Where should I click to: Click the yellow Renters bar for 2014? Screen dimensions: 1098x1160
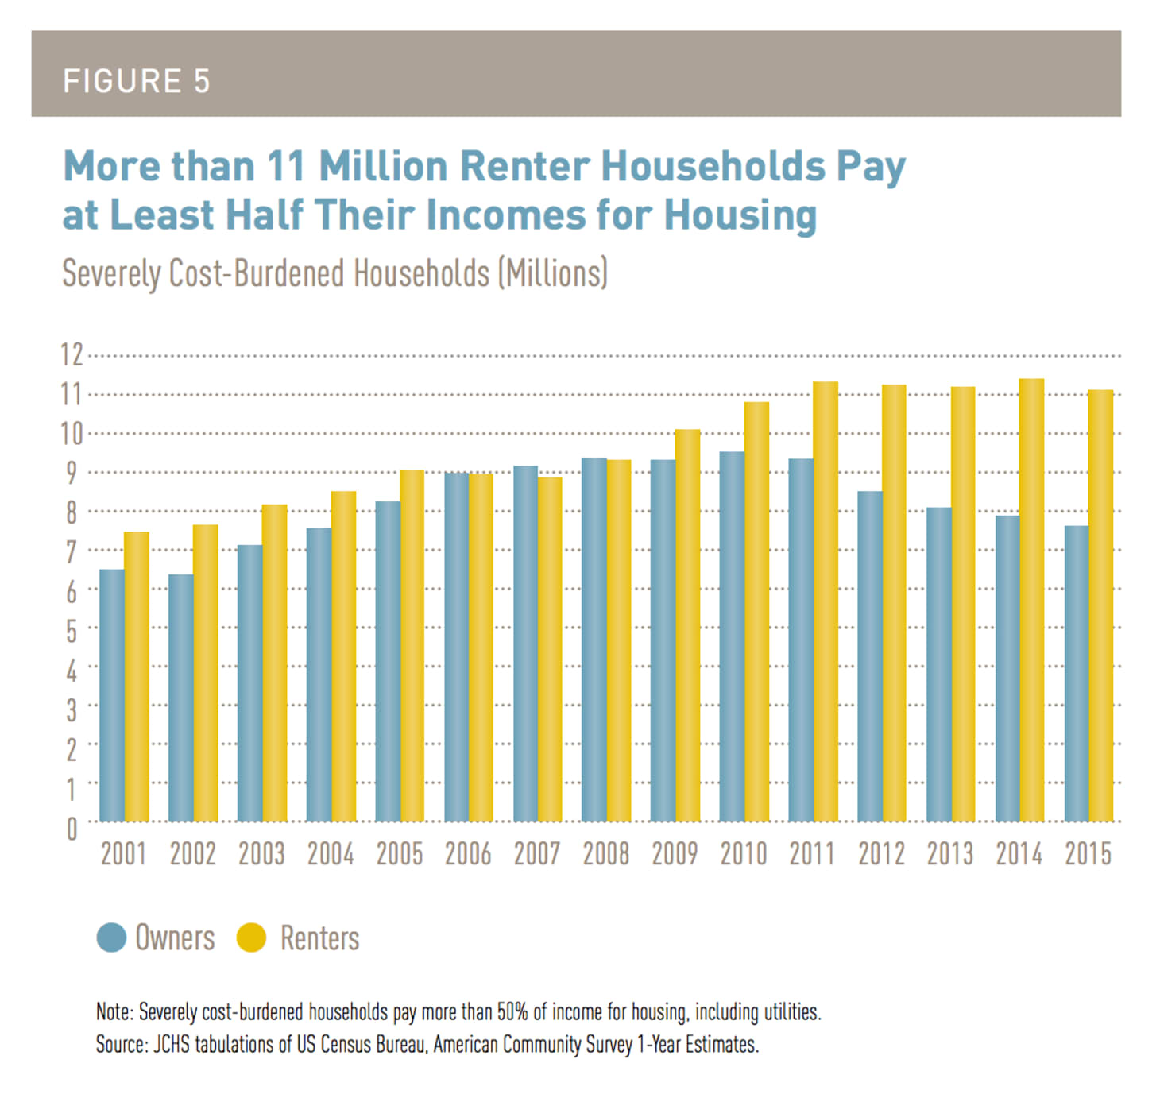(x=1031, y=600)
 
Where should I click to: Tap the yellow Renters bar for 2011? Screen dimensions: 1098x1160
(x=825, y=601)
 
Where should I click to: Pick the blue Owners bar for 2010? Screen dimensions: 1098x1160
(x=732, y=636)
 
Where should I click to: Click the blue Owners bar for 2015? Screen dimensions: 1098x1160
(x=1077, y=673)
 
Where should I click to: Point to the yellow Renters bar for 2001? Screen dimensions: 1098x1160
(x=137, y=676)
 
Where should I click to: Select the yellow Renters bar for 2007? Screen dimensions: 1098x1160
(x=550, y=648)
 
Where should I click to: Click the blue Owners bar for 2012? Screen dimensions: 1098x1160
(x=870, y=656)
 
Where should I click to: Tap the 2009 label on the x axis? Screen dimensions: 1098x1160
(x=675, y=854)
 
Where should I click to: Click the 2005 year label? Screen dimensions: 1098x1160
(x=399, y=854)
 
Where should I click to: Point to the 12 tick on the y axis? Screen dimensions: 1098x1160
(x=72, y=354)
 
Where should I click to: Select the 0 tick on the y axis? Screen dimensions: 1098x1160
(x=72, y=829)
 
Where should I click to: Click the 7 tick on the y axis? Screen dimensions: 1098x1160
(x=72, y=551)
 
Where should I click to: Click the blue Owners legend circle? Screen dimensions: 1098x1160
(x=111, y=938)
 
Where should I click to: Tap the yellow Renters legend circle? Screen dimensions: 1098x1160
(x=251, y=938)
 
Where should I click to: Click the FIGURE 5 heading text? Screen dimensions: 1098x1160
(x=137, y=81)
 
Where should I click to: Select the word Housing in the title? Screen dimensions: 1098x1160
(x=740, y=215)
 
